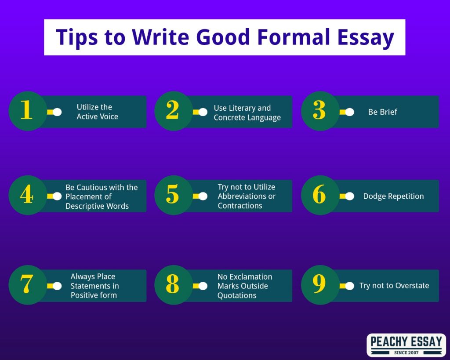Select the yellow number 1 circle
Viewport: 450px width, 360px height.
tap(28, 111)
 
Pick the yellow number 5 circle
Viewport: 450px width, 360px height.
tap(174, 195)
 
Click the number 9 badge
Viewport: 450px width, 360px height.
tap(320, 285)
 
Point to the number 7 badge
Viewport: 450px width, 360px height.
tap(28, 285)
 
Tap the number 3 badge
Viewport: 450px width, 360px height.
tap(320, 111)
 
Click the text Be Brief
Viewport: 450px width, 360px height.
tap(383, 112)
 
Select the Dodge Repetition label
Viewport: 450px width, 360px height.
tap(393, 196)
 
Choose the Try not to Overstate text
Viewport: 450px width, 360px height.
tap(394, 286)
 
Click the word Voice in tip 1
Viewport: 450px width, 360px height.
tap(109, 116)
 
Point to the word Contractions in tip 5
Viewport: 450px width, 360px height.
tap(240, 206)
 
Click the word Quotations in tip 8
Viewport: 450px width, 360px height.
tap(237, 295)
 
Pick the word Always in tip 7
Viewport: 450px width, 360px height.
tap(81, 276)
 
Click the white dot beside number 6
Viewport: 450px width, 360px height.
tap(349, 196)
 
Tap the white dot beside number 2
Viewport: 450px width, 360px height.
tap(203, 112)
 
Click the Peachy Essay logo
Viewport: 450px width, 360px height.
tap(406, 345)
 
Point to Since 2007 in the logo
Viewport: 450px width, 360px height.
tap(406, 353)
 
